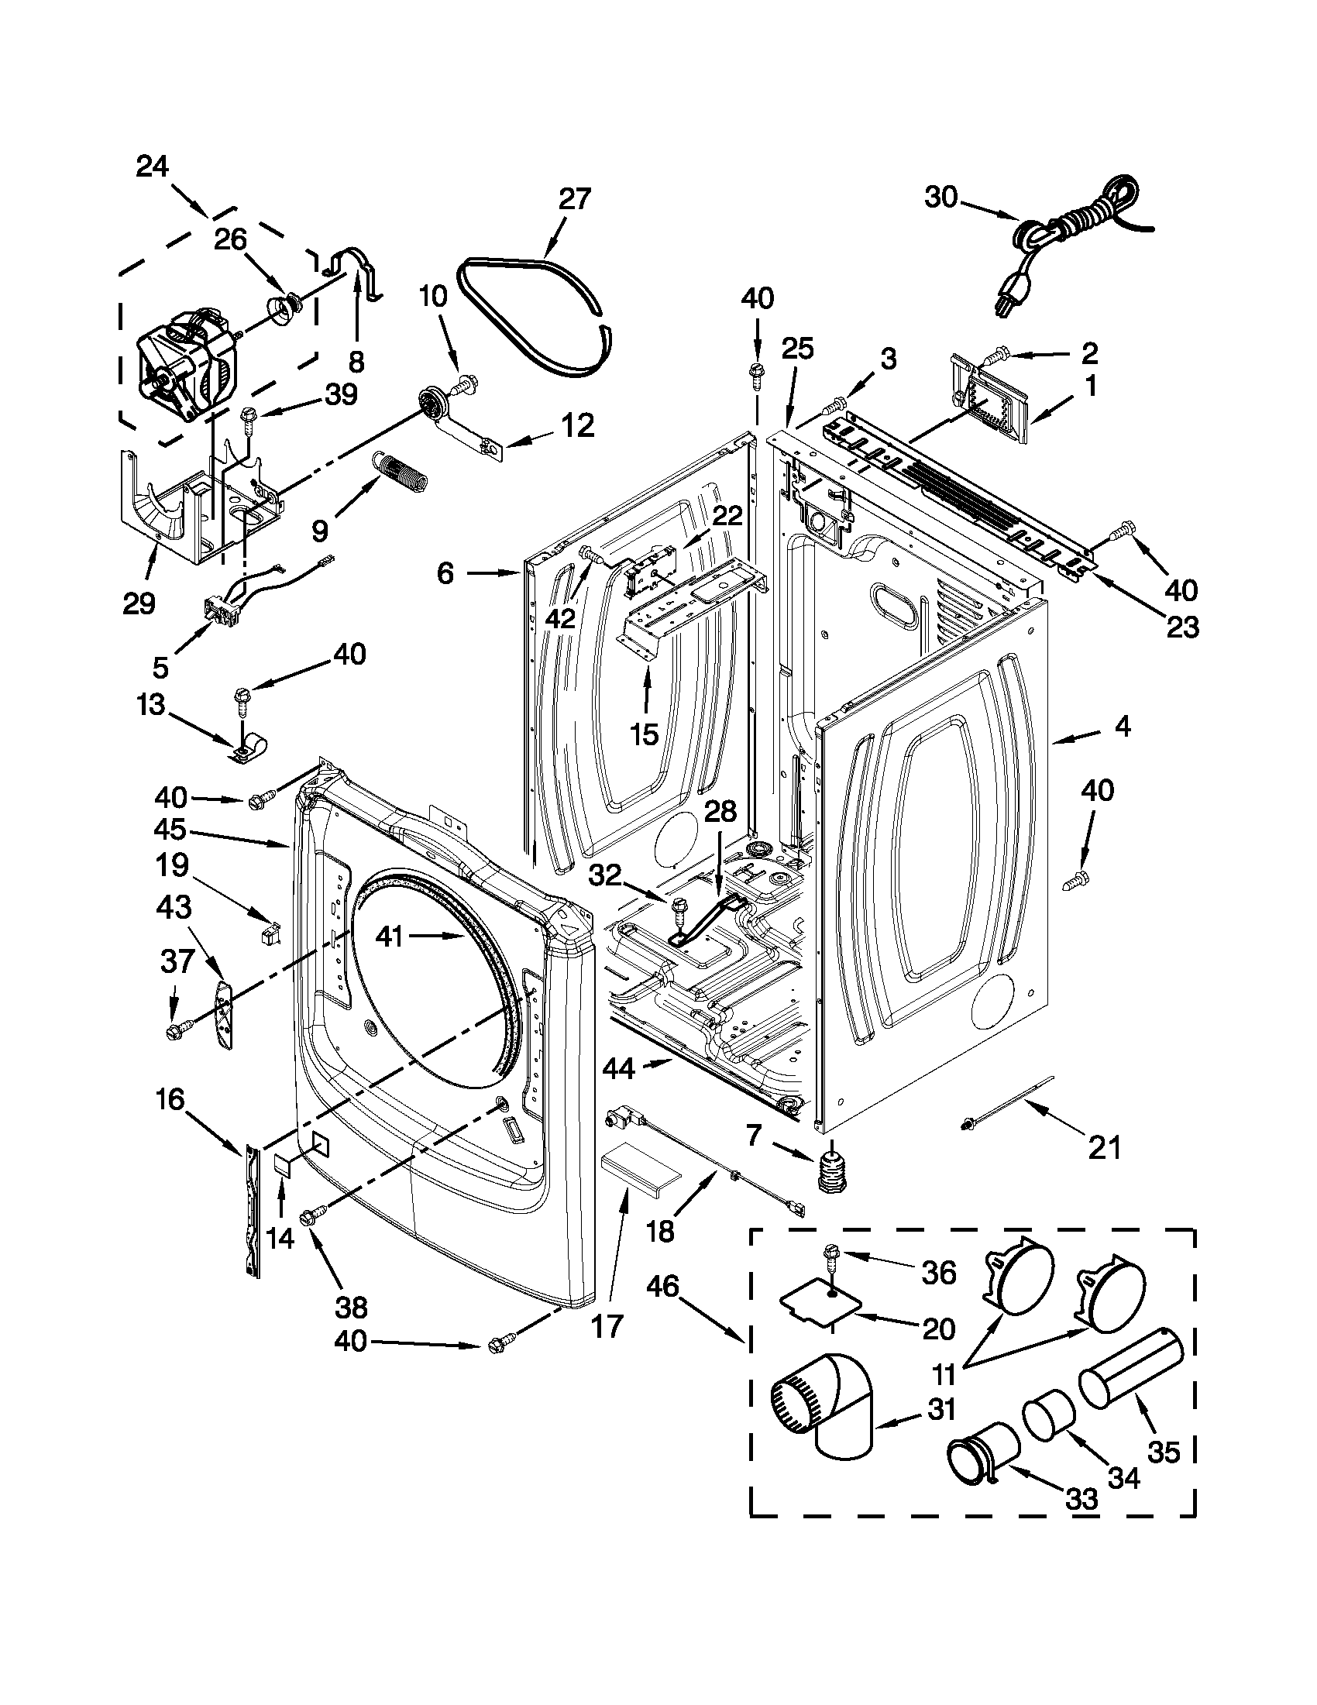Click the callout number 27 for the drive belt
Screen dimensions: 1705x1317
tap(575, 200)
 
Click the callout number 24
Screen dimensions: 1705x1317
tap(153, 167)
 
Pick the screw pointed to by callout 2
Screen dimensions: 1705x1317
tap(995, 357)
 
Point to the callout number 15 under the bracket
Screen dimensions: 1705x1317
tap(645, 734)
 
